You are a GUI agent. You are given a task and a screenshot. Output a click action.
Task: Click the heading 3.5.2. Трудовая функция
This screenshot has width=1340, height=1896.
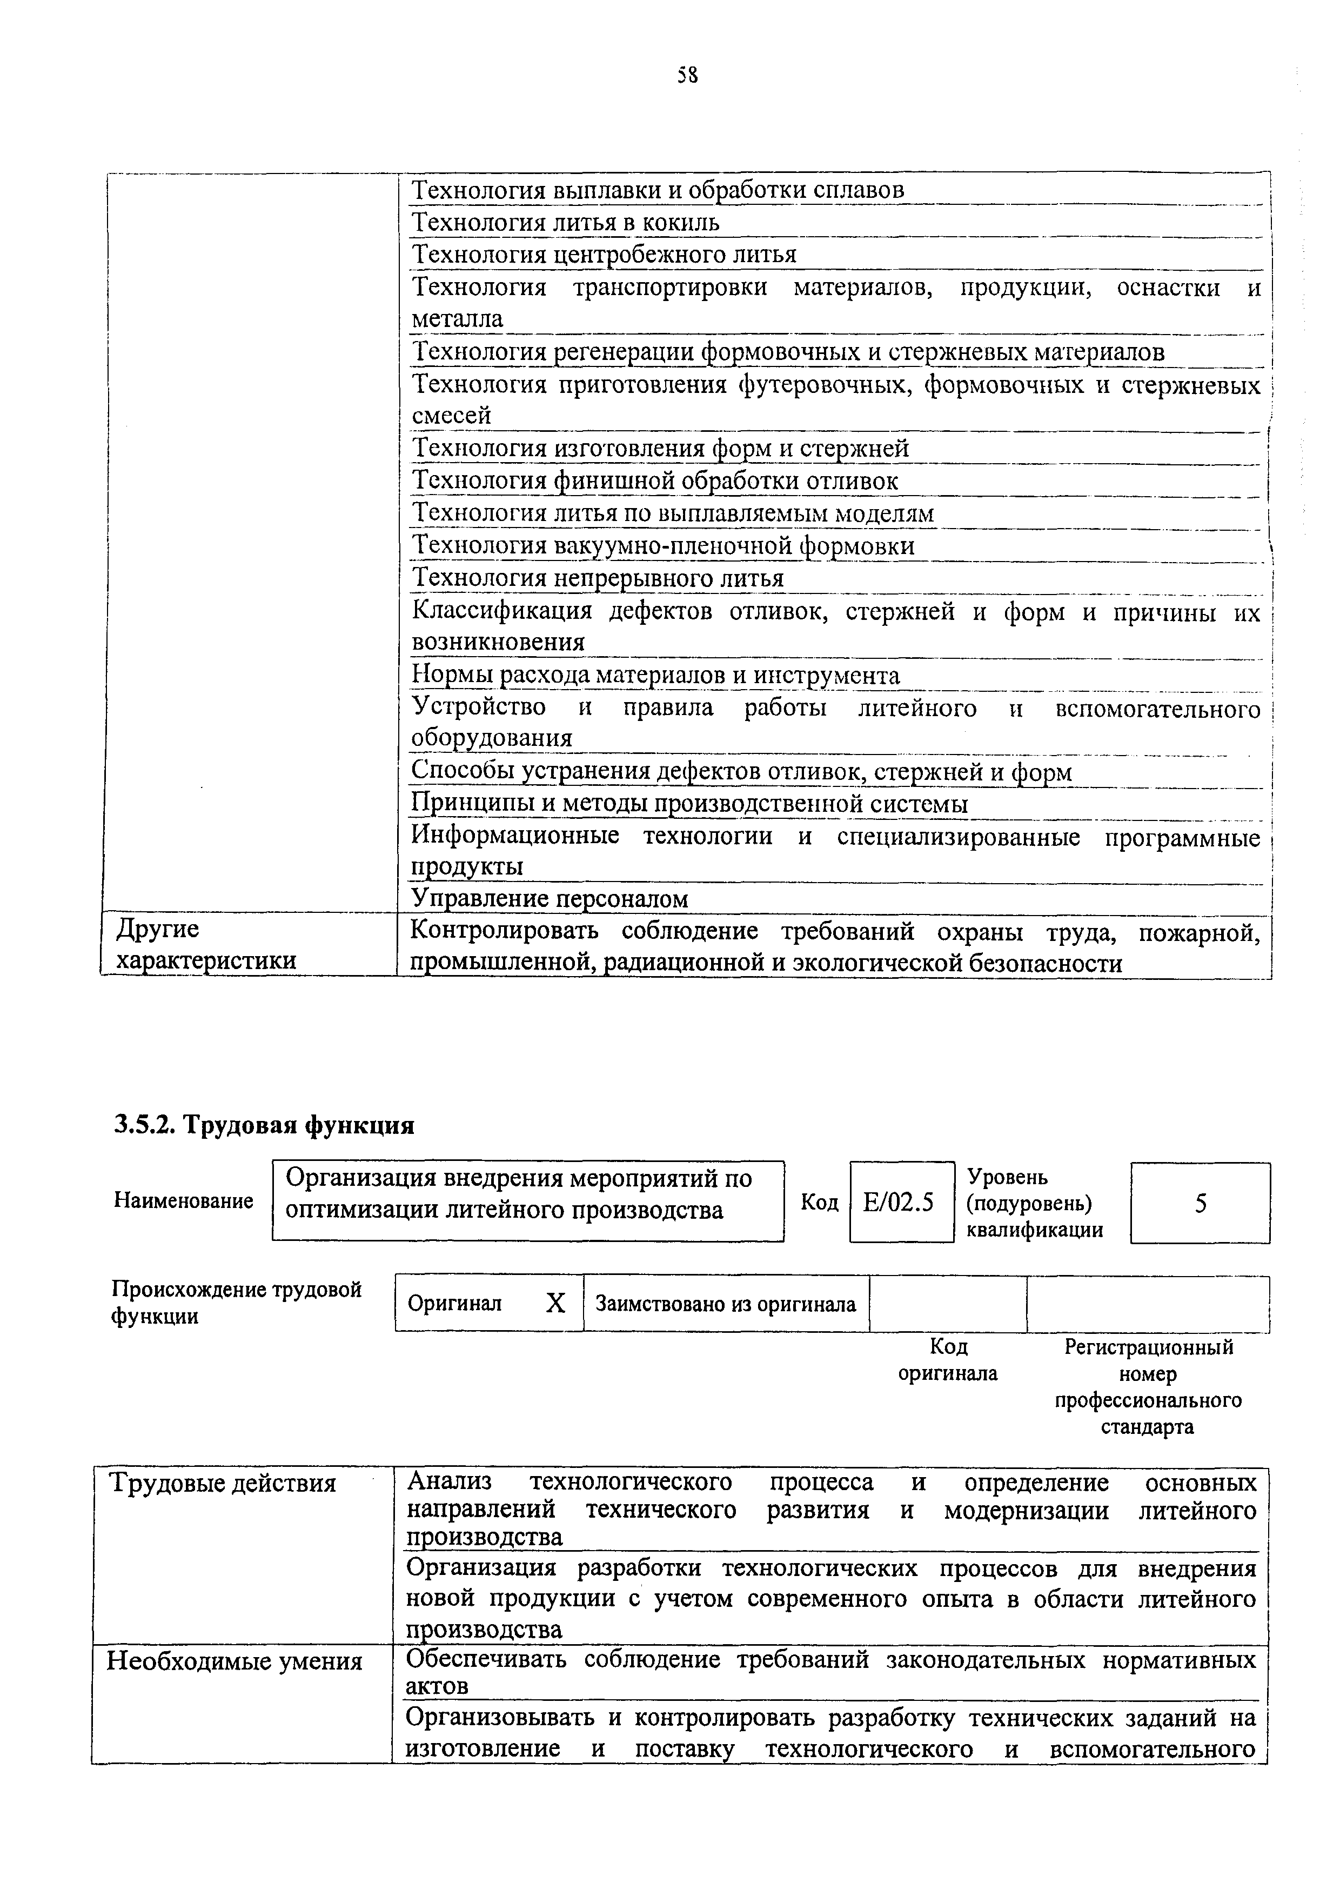point(264,1125)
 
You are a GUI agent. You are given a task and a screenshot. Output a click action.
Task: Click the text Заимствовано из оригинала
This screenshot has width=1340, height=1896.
point(726,1305)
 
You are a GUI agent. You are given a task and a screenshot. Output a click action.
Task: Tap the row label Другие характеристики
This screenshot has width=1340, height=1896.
point(206,945)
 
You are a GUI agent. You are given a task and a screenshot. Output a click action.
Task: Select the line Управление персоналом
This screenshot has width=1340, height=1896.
point(550,898)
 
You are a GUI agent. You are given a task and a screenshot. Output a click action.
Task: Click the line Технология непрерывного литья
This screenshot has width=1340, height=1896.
point(598,578)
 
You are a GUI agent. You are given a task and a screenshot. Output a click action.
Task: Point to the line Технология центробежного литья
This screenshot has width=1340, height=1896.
point(605,255)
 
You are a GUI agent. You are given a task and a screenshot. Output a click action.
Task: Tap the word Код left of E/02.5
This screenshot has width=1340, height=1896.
point(819,1203)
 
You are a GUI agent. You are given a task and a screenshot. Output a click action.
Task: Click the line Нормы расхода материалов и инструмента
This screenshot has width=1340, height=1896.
point(655,676)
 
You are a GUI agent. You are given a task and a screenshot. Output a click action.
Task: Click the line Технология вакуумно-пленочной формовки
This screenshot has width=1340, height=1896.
point(663,546)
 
